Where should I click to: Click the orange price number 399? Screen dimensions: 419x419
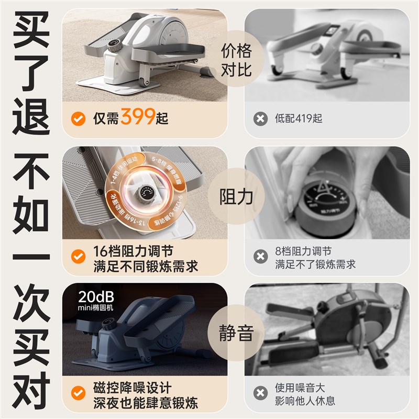coord(138,117)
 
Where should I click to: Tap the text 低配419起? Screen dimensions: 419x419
coord(299,118)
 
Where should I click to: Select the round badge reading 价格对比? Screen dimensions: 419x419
coord(236,60)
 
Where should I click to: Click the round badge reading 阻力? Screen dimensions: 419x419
coord(236,197)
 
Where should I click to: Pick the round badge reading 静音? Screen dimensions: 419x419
coord(236,333)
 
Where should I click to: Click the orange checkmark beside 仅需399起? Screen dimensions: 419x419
coord(79,118)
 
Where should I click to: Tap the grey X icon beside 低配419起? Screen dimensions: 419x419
coord(260,118)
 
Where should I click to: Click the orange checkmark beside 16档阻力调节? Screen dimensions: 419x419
coord(79,257)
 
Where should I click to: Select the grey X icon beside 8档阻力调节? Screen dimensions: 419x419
coord(260,257)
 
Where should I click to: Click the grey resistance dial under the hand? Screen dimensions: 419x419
coord(321,207)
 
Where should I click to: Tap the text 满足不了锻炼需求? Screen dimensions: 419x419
coord(315,264)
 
